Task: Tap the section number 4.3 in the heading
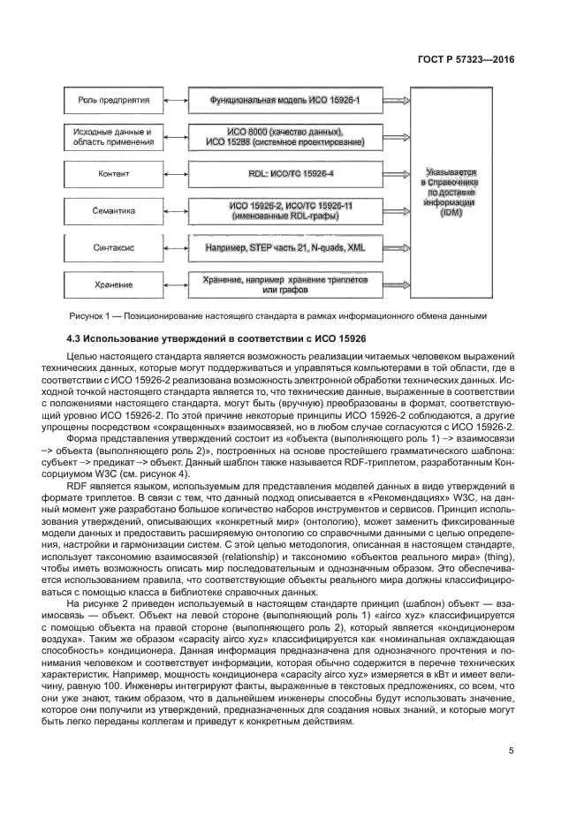pyautogui.click(x=76, y=338)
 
